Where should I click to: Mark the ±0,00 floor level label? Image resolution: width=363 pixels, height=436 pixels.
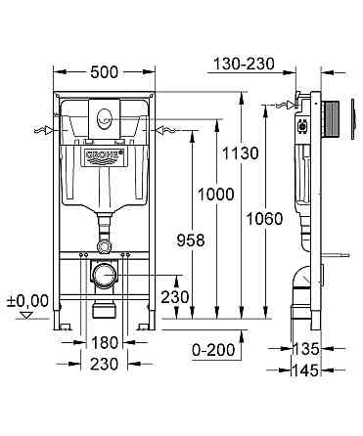(x=26, y=300)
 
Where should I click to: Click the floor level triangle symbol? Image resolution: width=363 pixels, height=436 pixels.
(x=27, y=316)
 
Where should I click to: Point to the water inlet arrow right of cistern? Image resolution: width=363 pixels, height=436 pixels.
(x=162, y=129)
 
